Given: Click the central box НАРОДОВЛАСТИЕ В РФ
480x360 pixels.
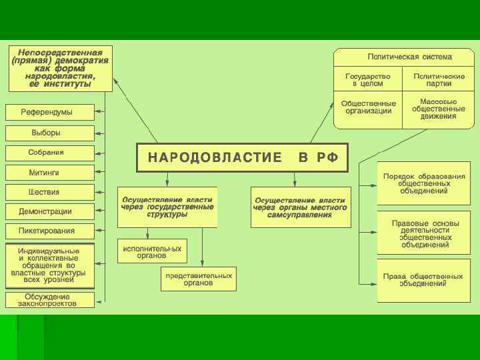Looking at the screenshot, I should point(243,157).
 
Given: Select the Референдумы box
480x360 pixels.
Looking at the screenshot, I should point(50,112).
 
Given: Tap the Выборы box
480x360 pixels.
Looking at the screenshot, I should point(50,132).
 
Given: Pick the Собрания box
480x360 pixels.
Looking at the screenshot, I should point(50,153).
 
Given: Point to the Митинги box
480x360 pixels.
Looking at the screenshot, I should point(50,173).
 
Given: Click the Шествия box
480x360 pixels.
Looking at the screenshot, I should point(50,193).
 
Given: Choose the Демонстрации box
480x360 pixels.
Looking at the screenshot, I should point(50,212).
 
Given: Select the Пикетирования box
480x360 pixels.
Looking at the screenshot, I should point(50,231).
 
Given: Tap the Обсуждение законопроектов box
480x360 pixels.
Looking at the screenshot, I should point(50,299).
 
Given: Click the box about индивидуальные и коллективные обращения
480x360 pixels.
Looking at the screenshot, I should point(50,265).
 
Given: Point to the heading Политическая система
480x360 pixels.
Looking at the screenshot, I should point(404,57).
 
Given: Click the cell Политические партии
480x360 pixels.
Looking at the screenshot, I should point(438,79).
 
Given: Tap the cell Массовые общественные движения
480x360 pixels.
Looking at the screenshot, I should point(438,107).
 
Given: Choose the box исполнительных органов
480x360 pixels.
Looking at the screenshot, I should point(152,251).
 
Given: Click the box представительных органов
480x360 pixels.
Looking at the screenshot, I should point(199,279).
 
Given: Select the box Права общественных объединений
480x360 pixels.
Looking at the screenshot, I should point(423,280).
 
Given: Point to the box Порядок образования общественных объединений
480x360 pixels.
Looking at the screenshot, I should point(423,183).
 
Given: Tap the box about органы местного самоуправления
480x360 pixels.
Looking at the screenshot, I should point(301,207).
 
